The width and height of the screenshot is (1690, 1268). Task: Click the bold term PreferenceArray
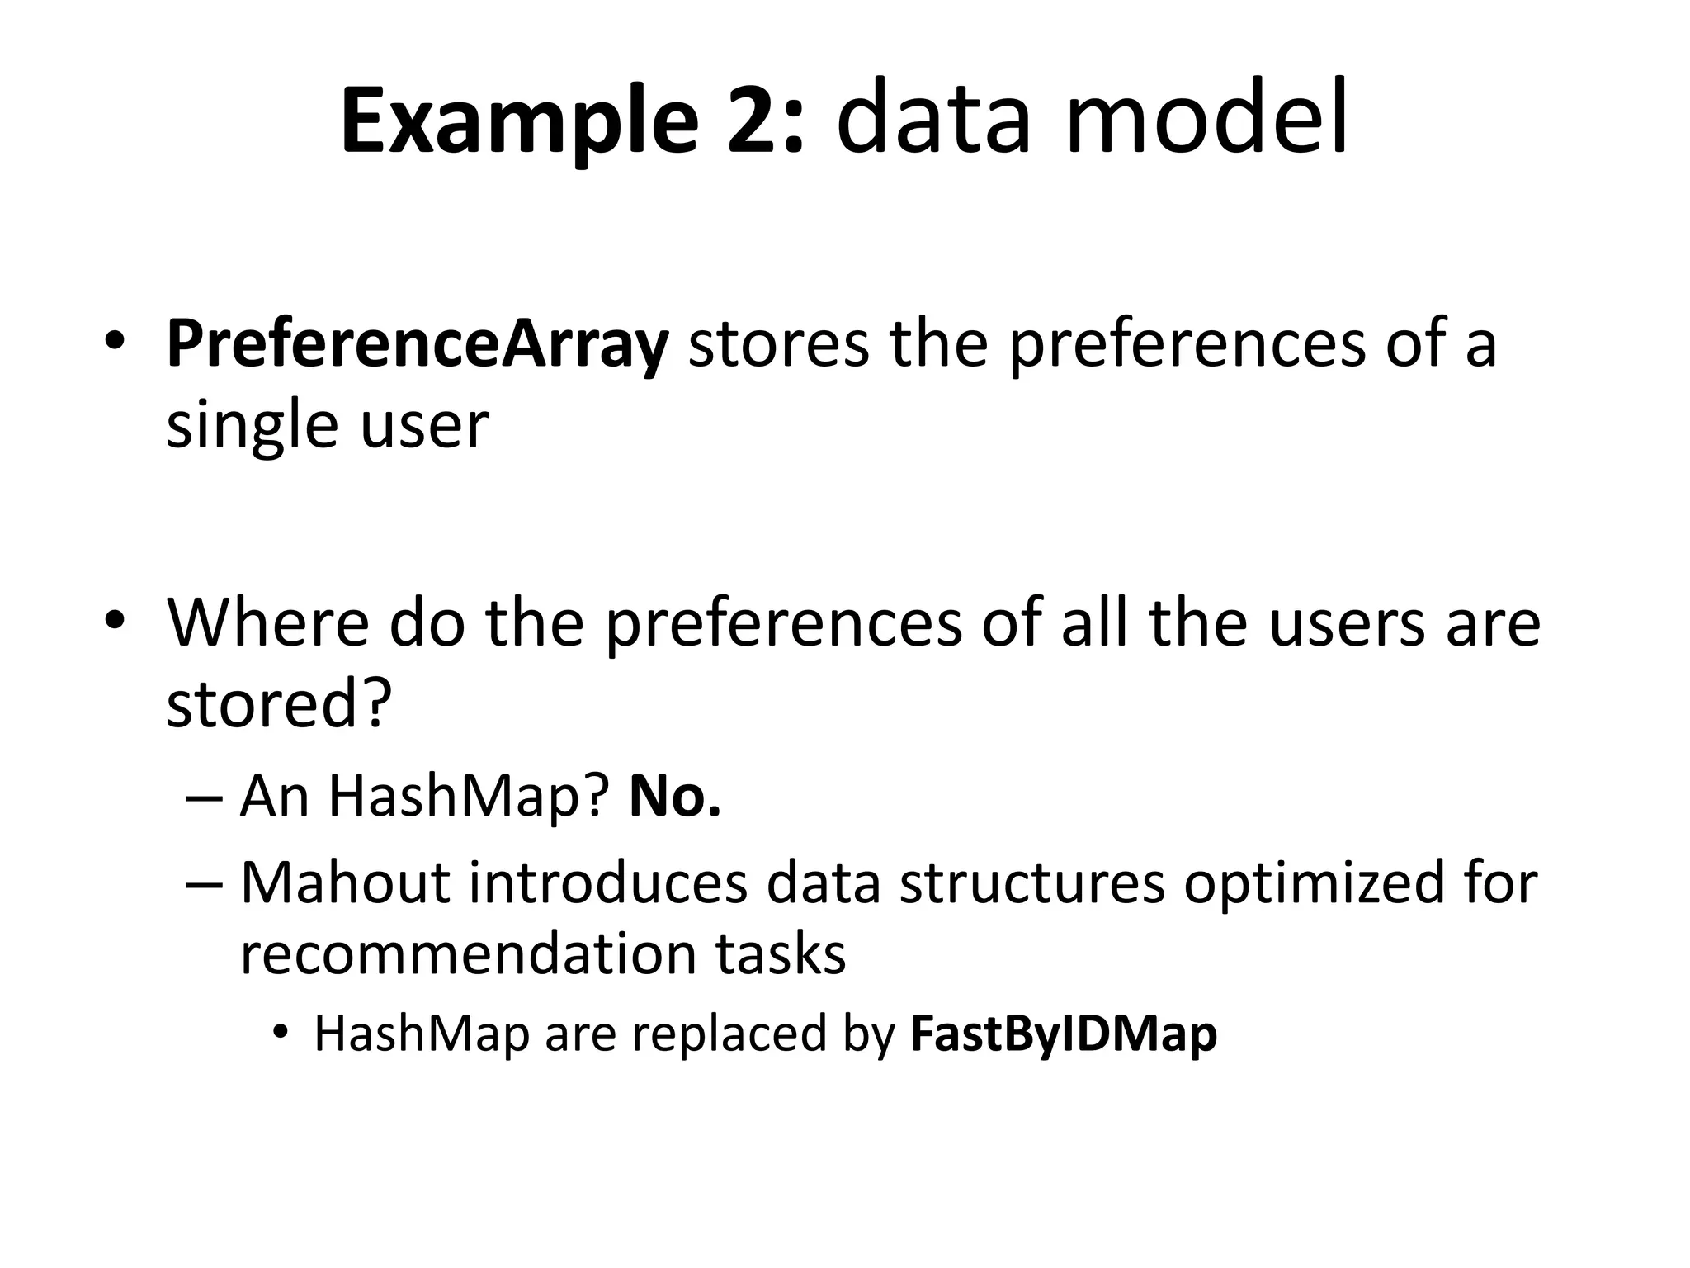pos(417,345)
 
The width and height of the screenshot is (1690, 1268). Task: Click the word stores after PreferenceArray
pos(778,345)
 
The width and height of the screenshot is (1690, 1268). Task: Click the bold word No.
pos(674,797)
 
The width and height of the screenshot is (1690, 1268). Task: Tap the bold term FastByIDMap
pos(1063,1034)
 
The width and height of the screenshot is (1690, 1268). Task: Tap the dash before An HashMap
pos(204,798)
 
